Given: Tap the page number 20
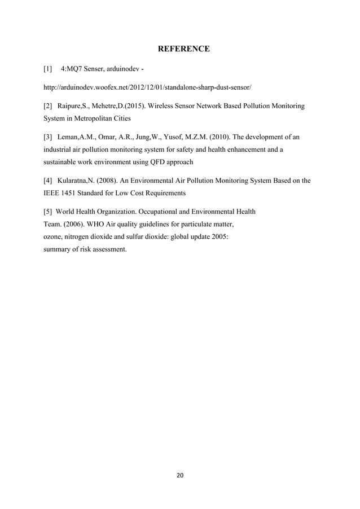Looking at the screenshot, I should click(180, 475).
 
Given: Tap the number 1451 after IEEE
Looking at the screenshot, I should click(72, 194).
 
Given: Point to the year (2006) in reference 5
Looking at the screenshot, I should click(74, 224).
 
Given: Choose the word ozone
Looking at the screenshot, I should click(54, 236).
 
